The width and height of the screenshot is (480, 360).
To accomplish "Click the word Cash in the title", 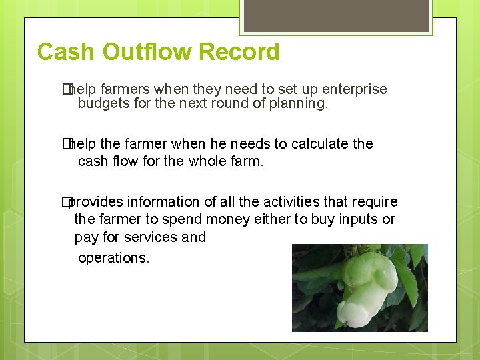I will tap(61, 52).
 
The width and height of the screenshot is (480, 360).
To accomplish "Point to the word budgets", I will tap(102, 104).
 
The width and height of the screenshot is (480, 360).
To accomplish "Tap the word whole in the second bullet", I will tap(199, 161).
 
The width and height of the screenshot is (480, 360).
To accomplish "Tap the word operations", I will tap(113, 258).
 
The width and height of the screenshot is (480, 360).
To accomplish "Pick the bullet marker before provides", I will tap(67, 202).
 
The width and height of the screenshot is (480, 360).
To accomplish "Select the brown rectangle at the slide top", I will tap(335, 15).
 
